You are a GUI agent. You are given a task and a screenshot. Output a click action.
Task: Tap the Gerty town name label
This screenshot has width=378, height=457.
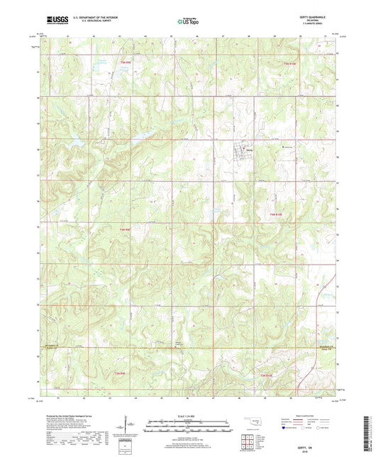(x=250, y=150)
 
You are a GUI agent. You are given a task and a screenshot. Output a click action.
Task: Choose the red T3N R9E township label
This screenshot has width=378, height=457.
(x=118, y=372)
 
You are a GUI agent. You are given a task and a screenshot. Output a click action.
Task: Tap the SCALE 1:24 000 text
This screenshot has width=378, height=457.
(x=188, y=415)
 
